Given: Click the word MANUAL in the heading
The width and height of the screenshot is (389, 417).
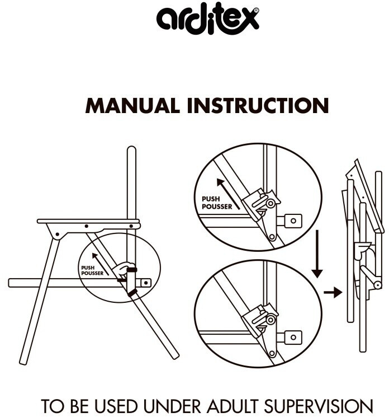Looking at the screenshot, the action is click(132, 106).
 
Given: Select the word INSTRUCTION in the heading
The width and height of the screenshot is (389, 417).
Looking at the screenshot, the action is click(258, 106).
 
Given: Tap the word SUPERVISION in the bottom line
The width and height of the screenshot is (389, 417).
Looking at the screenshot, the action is click(319, 406).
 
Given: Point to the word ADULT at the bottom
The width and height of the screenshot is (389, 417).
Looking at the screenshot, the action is click(233, 406).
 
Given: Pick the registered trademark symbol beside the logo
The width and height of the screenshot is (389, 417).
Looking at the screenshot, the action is click(256, 11).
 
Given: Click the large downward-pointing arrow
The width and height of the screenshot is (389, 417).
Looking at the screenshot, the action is click(317, 254).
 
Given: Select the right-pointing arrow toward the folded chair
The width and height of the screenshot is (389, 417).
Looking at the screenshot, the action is click(333, 293).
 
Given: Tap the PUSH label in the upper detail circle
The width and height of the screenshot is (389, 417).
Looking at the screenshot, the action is click(211, 199).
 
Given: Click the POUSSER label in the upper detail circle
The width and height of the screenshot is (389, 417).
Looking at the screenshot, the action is click(217, 207).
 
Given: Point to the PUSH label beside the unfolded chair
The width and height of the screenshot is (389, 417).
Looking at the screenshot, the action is click(88, 268).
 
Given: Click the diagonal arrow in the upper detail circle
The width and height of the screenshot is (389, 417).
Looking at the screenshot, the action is click(229, 194).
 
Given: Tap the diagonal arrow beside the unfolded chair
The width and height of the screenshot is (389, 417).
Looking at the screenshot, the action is click(101, 264).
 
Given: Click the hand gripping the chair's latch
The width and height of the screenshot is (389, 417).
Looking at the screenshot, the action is click(123, 269).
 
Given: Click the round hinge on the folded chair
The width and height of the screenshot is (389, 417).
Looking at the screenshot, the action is click(377, 285).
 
